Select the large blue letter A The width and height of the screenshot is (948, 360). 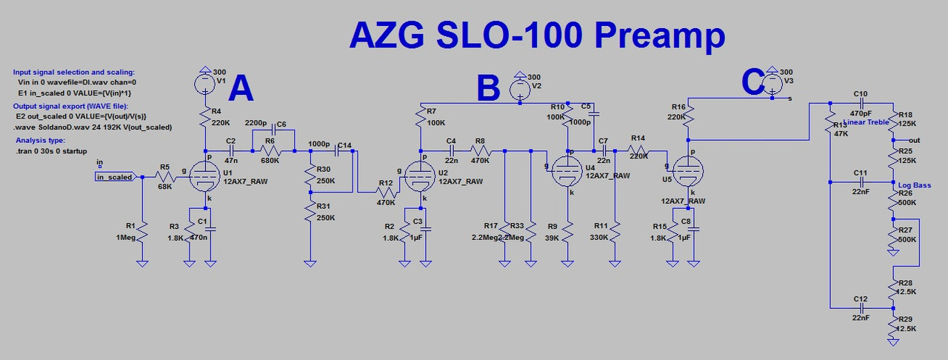241,90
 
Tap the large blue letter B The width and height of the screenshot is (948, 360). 488,89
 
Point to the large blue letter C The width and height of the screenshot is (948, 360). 752,82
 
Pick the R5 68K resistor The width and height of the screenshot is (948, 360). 164,176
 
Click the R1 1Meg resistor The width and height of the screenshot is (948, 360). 142,236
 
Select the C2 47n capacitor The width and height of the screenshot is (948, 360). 231,151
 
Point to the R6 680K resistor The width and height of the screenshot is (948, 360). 273,151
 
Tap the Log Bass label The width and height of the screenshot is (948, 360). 915,185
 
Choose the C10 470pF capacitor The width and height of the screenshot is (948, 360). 861,103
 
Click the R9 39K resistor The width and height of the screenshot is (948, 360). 567,236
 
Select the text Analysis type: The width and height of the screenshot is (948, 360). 41,140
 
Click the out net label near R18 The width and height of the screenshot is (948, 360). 914,140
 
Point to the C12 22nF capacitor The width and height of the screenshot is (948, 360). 861,307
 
